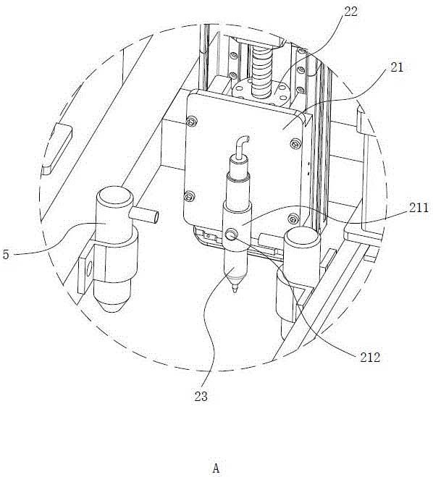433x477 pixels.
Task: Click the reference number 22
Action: click(x=350, y=12)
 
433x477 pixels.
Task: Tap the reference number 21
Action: click(x=397, y=67)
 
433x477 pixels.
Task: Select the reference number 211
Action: click(x=419, y=208)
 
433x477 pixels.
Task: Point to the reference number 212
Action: click(x=370, y=357)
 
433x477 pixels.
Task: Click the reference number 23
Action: click(x=201, y=397)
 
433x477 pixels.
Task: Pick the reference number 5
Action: click(x=6, y=254)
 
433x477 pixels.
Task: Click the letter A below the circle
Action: click(x=216, y=468)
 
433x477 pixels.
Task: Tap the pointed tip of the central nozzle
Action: click(x=234, y=292)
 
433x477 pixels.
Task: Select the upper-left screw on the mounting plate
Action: click(x=191, y=122)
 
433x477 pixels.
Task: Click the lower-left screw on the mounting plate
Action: click(x=189, y=196)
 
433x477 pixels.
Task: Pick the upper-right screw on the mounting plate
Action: click(x=295, y=143)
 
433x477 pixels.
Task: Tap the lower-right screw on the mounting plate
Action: click(x=293, y=218)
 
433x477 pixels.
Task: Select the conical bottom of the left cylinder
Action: click(x=112, y=297)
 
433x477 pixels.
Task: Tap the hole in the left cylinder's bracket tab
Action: click(x=89, y=269)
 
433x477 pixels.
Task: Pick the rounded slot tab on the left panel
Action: click(x=56, y=148)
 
